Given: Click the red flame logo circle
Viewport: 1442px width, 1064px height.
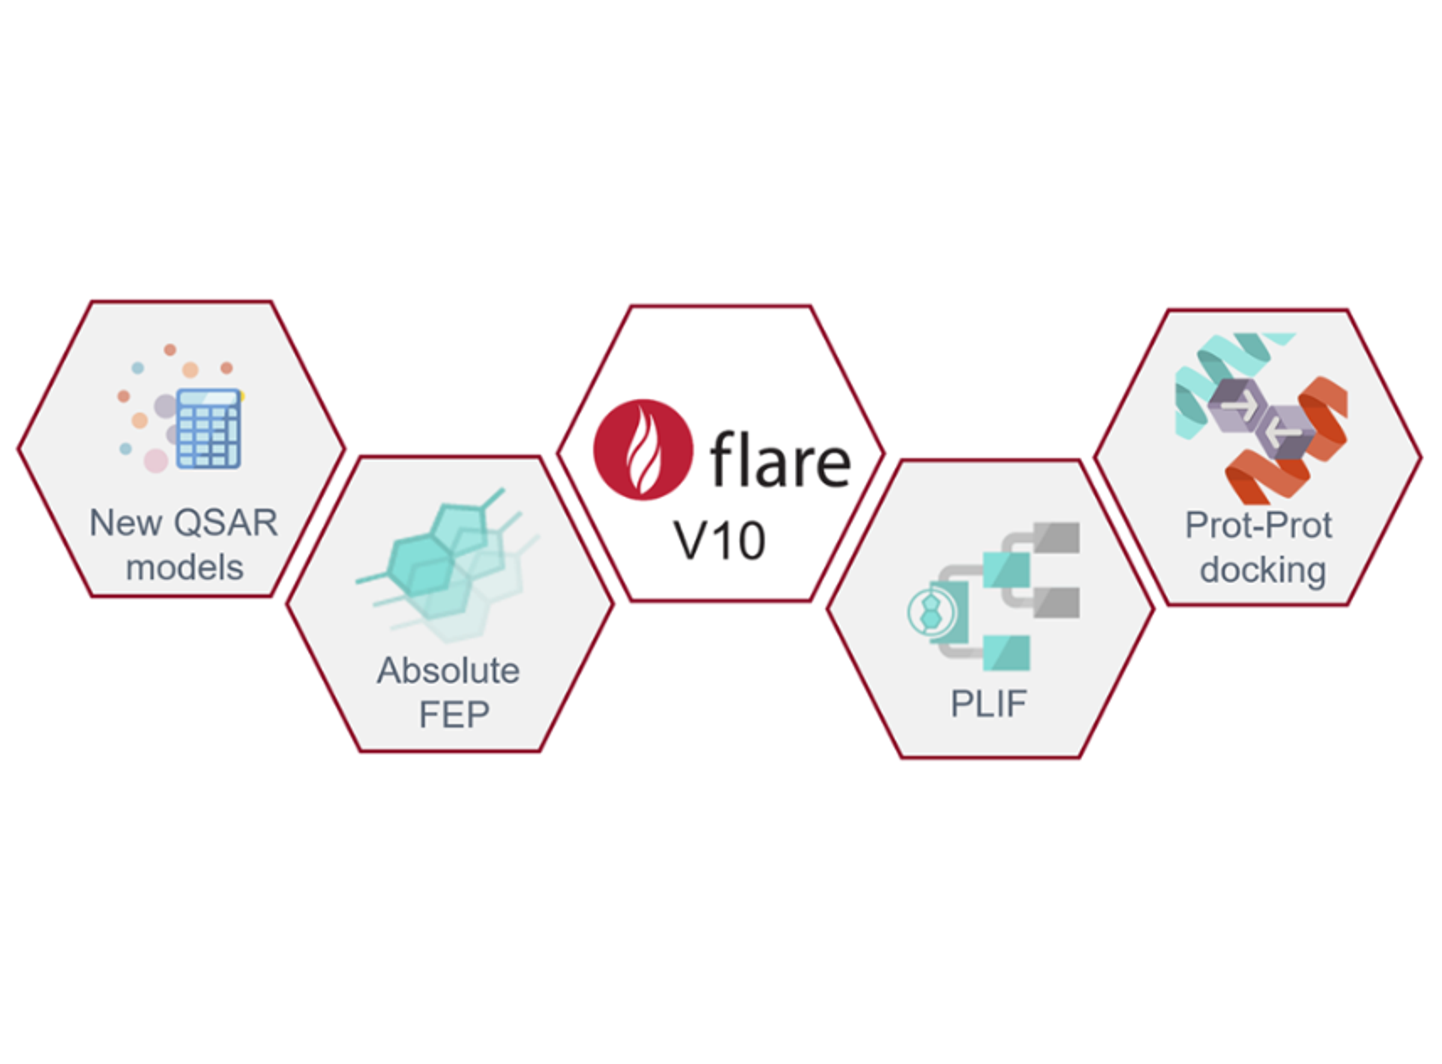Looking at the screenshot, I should coord(643,450).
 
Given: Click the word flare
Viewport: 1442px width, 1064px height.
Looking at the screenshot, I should coord(780,459).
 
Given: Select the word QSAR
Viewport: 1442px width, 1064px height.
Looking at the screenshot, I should coord(226,522).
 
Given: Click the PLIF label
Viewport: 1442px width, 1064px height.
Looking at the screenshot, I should coord(988,703).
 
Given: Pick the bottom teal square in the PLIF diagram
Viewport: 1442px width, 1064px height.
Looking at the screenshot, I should coord(1006,652).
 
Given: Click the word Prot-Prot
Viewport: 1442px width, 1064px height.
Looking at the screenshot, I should coord(1258,525).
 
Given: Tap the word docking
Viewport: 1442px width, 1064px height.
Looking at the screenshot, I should coord(1262,569).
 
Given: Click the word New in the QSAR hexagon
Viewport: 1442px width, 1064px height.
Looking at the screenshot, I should coord(125,522).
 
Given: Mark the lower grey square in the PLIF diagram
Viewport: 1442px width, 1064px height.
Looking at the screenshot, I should coord(1057,603).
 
